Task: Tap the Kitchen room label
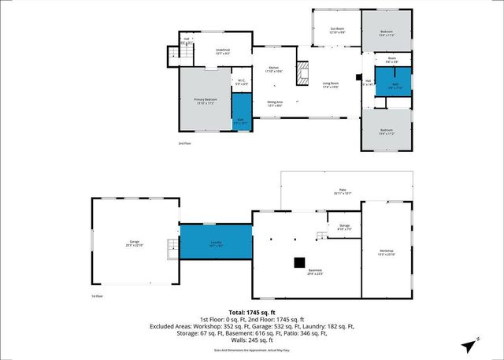[274, 70]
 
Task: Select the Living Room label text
[329, 85]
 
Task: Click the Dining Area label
[275, 103]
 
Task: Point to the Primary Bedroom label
[206, 102]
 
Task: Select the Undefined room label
[222, 52]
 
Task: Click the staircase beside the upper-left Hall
[174, 55]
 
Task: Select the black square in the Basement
[300, 262]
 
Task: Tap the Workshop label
[386, 254]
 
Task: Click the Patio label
[341, 191]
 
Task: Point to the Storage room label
[344, 228]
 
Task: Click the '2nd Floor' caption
[184, 143]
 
